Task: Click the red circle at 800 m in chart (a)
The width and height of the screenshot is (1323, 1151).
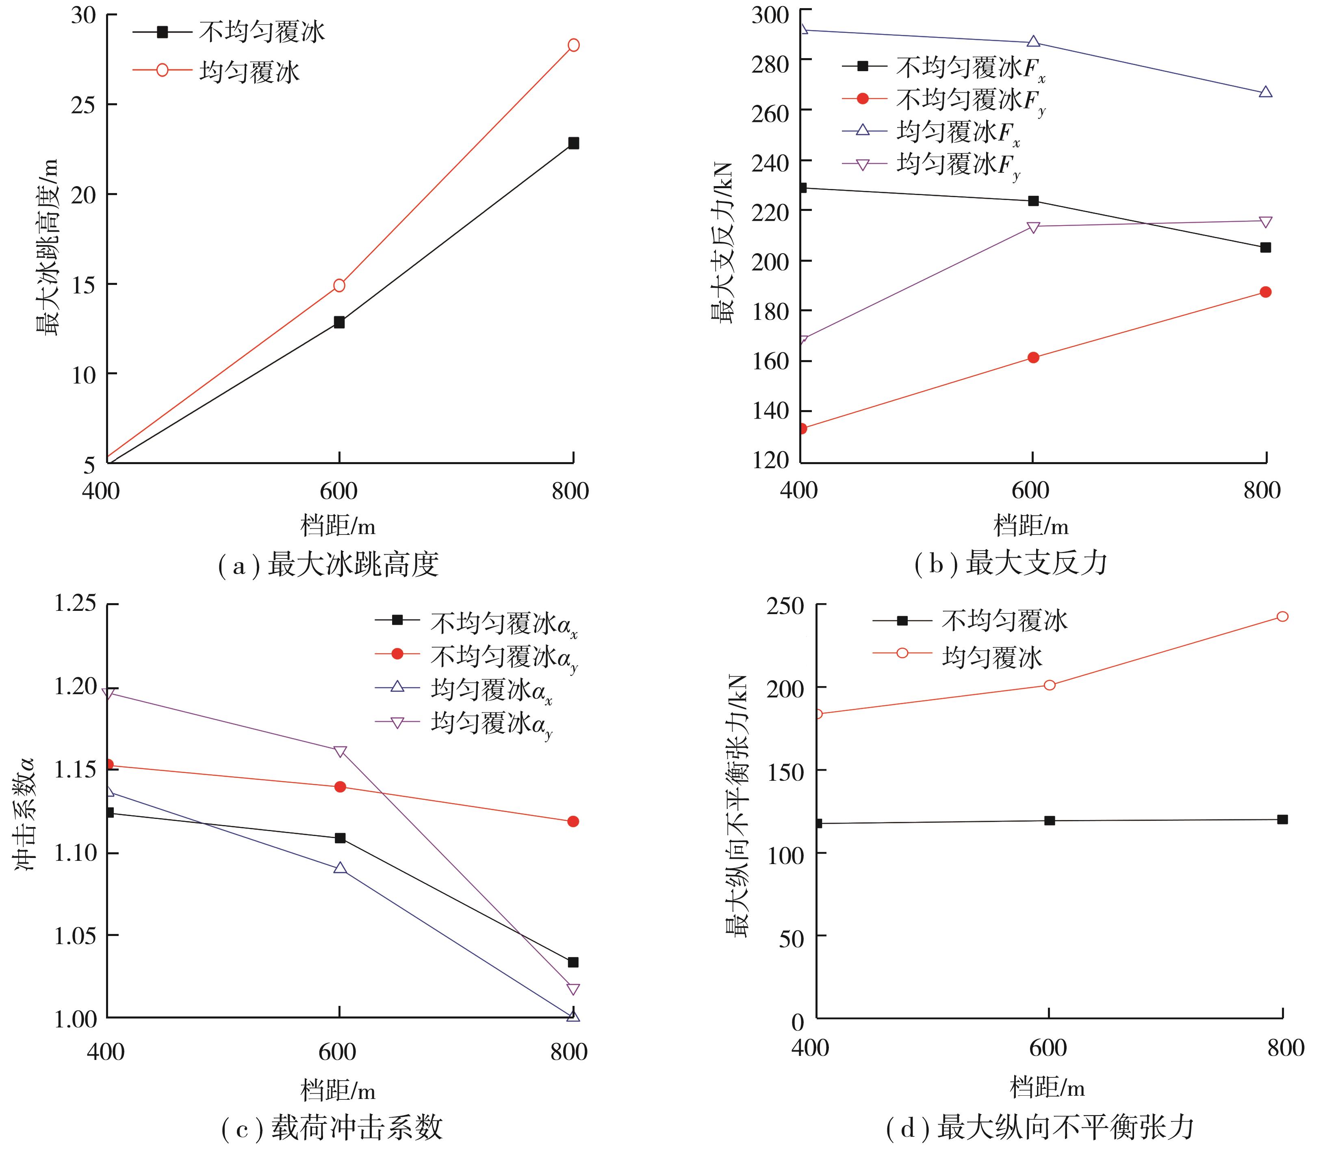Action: point(573,45)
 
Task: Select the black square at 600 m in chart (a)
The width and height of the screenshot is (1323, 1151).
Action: point(339,322)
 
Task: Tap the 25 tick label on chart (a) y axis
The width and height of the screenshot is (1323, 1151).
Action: point(83,105)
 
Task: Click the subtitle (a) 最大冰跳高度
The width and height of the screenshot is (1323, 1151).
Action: point(328,565)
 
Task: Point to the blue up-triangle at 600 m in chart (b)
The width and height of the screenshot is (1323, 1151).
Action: point(1033,42)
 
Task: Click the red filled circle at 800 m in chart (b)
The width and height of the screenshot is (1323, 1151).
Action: point(1265,292)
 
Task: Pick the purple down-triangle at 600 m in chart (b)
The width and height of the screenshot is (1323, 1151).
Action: point(1033,227)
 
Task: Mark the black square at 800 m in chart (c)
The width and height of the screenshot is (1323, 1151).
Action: point(573,962)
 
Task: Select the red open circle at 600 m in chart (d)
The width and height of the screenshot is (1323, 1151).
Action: point(1050,685)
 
